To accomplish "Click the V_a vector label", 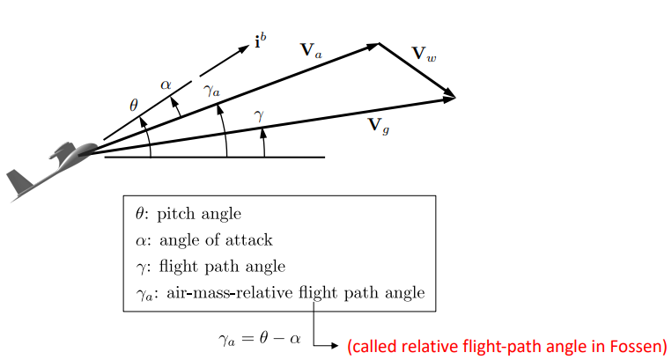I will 313,50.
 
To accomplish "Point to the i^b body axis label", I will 262,40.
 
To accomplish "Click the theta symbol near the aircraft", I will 134,105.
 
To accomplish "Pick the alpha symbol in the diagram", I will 166,84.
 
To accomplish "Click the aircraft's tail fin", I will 18,184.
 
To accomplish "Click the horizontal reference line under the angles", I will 291,157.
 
